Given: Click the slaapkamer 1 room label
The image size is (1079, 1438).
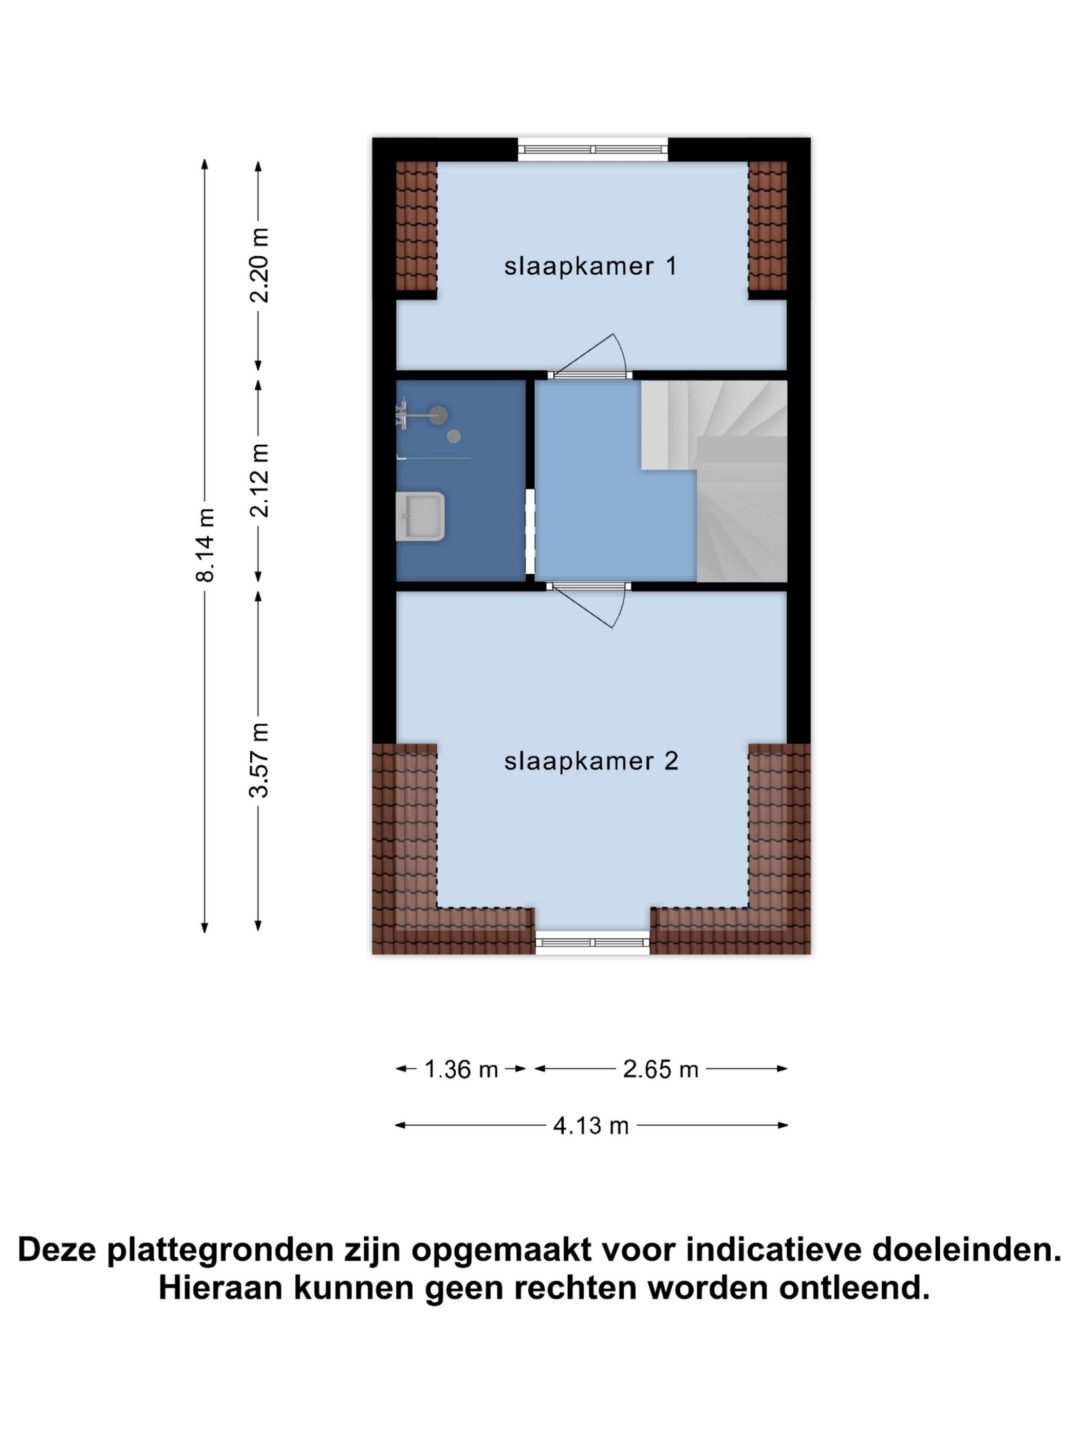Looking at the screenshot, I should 590,266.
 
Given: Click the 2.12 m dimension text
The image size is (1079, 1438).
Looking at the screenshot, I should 259,480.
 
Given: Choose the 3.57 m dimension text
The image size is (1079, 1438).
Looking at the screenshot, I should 259,759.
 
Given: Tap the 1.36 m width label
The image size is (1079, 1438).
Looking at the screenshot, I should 460,1069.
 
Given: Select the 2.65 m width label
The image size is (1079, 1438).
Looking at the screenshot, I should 660,1069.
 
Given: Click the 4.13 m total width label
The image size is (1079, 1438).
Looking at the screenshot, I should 590,1125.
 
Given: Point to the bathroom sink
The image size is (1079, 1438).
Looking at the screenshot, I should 419,516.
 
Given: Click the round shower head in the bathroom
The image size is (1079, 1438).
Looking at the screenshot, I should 438,414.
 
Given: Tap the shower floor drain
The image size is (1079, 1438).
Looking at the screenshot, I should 453,436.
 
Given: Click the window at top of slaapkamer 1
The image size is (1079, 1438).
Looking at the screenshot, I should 592,149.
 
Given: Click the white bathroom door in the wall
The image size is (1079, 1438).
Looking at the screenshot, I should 530,531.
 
